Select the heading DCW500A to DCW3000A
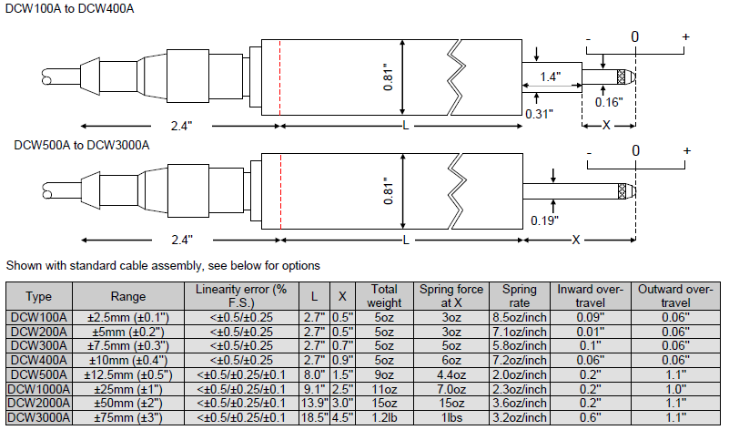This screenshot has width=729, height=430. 69,144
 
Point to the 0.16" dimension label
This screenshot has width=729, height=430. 608,102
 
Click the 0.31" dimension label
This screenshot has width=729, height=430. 540,113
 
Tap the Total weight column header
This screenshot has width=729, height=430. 384,295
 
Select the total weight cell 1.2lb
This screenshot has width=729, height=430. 384,417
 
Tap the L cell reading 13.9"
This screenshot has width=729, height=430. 314,404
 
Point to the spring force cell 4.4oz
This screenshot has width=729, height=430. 451,374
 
